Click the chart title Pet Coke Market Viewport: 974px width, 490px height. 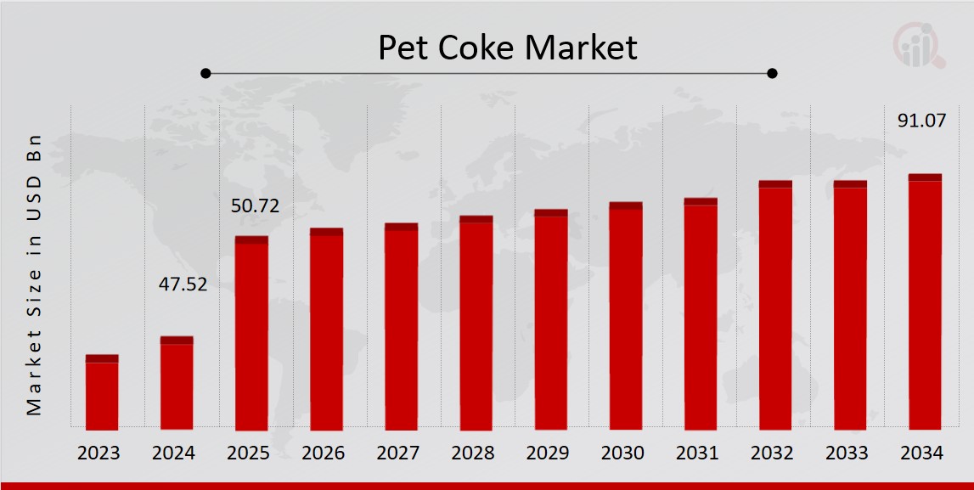pyautogui.click(x=507, y=48)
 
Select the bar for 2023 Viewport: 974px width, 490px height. pyautogui.click(x=102, y=392)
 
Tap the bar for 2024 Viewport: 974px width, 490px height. pyautogui.click(x=177, y=383)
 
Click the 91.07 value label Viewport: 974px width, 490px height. pyautogui.click(x=921, y=121)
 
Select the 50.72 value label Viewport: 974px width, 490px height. pyautogui.click(x=255, y=206)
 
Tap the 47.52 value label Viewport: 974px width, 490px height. pyautogui.click(x=183, y=284)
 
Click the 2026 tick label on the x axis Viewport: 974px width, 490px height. pyautogui.click(x=326, y=453)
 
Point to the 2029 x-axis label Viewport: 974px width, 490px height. pyautogui.click(x=550, y=453)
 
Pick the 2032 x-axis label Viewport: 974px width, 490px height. pyautogui.click(x=775, y=453)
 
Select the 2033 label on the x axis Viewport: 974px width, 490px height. pyautogui.click(x=850, y=453)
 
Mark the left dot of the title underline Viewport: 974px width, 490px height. pyautogui.click(x=205, y=73)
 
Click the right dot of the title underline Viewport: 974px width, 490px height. pyautogui.click(x=772, y=73)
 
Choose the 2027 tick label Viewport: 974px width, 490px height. pyautogui.click(x=401, y=453)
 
